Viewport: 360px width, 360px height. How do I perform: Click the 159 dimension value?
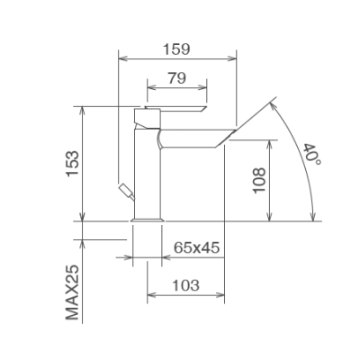click(x=176, y=49)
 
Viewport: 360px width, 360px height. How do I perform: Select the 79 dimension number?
click(x=176, y=78)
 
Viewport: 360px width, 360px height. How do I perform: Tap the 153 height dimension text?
click(x=73, y=164)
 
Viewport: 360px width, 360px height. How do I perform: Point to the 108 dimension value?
click(x=259, y=180)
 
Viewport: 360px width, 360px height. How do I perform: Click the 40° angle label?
click(x=312, y=154)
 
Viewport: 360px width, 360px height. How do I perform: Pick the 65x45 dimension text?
click(x=197, y=247)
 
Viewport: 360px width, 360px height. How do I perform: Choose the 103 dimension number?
click(x=185, y=285)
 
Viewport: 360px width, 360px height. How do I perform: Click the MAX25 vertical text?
click(x=72, y=292)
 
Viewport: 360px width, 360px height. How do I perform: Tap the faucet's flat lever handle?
click(x=175, y=109)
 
